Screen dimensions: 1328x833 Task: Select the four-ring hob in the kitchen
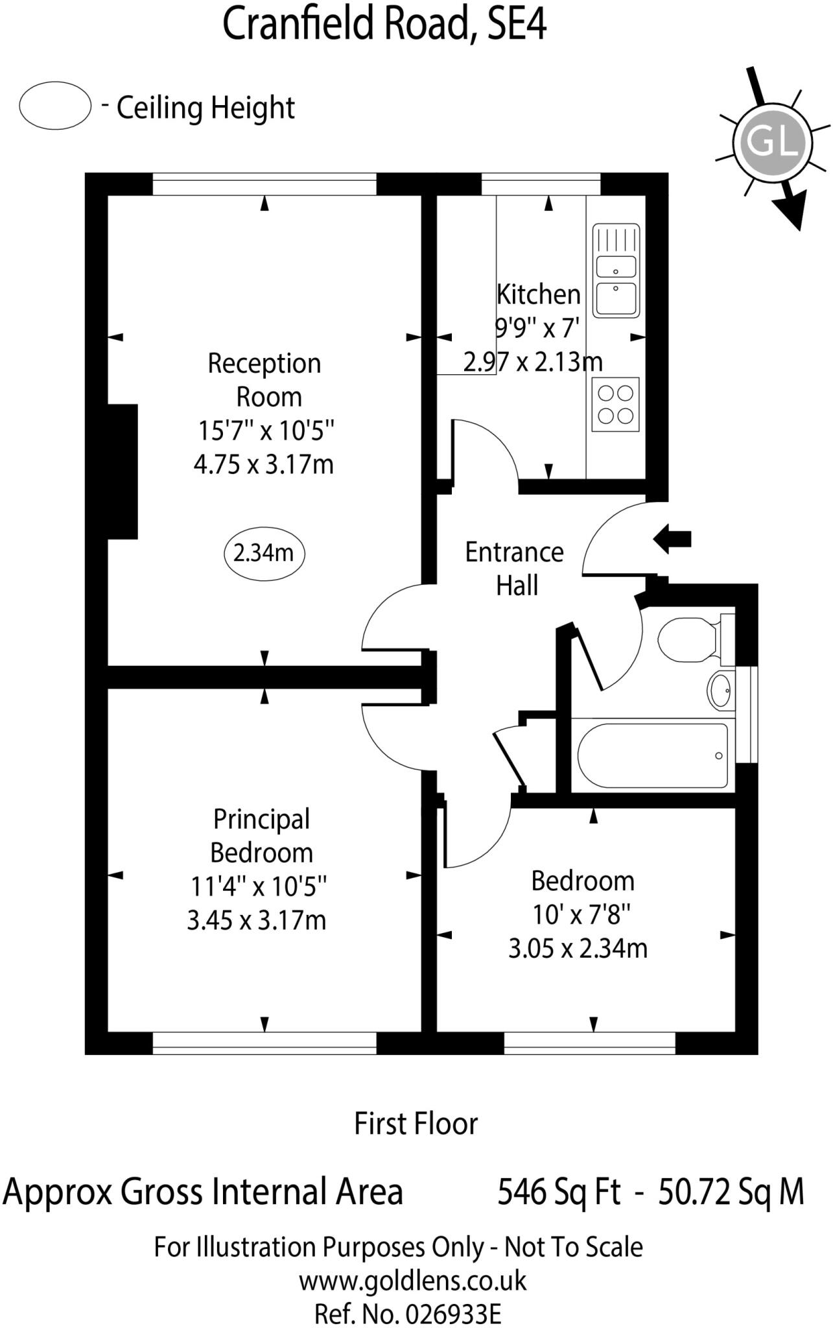pyautogui.click(x=615, y=404)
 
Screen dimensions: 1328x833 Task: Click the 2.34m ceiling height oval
pyautogui.click(x=264, y=553)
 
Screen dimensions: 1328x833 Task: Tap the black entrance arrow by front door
pyautogui.click(x=672, y=538)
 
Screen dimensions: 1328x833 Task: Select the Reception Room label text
pyautogui.click(x=264, y=379)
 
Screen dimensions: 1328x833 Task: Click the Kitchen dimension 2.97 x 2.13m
pyautogui.click(x=533, y=361)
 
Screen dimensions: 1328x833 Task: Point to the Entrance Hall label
pyautogui.click(x=515, y=569)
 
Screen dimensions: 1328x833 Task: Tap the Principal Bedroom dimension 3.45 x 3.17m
pyautogui.click(x=257, y=920)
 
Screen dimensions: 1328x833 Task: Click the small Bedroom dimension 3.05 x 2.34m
pyautogui.click(x=578, y=948)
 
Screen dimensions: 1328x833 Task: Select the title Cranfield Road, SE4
pyautogui.click(x=384, y=25)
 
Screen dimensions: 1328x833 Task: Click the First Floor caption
pyautogui.click(x=416, y=1124)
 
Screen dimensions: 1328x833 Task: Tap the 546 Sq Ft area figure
pyautogui.click(x=559, y=1192)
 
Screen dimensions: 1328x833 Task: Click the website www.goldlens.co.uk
pyautogui.click(x=412, y=1281)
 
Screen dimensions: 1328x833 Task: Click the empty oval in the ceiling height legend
pyautogui.click(x=54, y=106)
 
